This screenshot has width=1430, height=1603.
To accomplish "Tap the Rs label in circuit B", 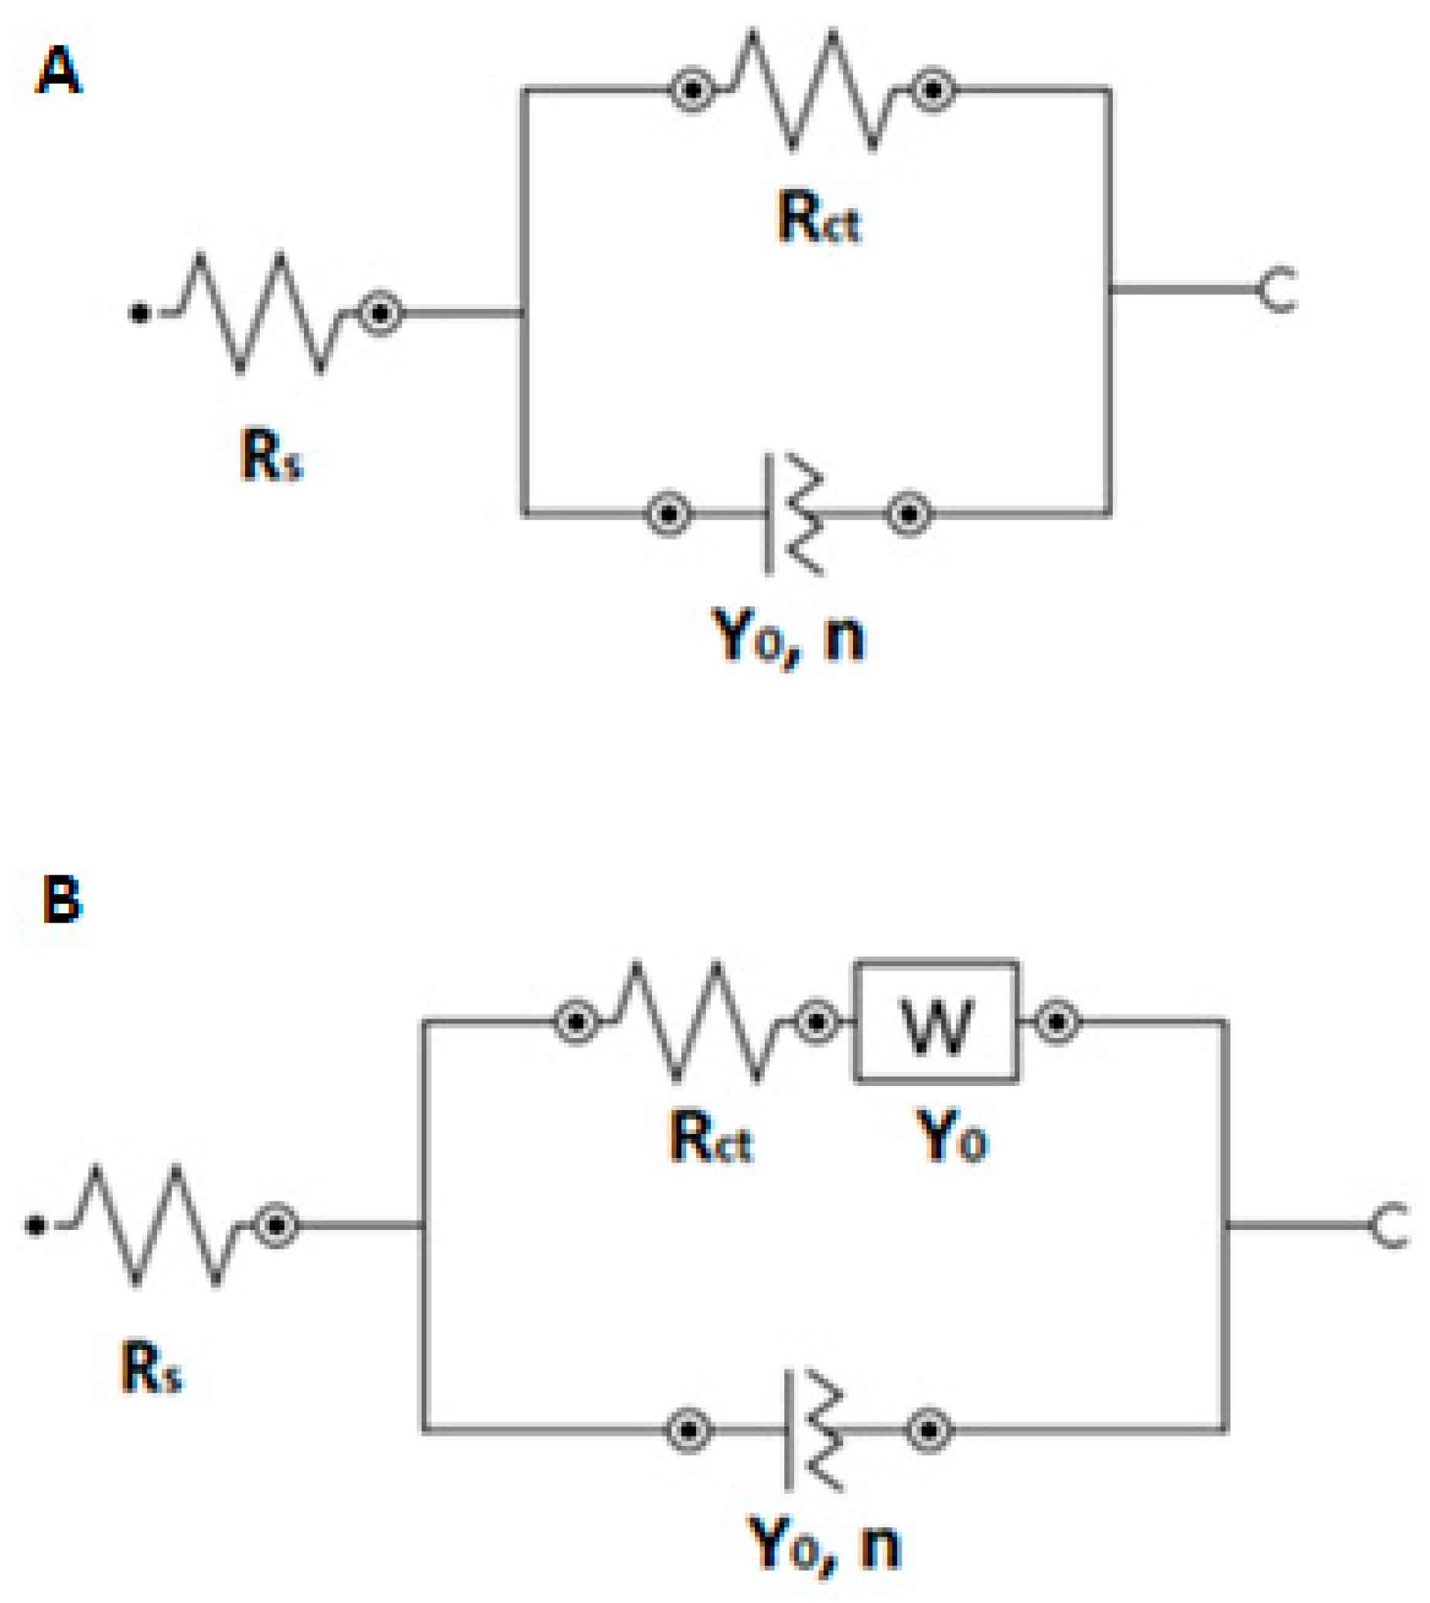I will [x=151, y=1368].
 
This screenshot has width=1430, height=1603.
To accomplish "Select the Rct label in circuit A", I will [x=819, y=218].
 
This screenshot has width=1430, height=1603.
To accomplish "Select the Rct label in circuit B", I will [x=710, y=1138].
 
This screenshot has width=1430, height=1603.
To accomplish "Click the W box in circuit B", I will [x=937, y=1022].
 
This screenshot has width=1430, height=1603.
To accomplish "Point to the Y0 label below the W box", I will [x=952, y=1138].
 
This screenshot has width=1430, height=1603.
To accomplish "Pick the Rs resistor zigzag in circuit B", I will [x=155, y=1225].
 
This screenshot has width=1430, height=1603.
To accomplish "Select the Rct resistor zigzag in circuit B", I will [x=696, y=1022].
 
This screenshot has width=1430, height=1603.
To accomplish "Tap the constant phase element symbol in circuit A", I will [x=792, y=515].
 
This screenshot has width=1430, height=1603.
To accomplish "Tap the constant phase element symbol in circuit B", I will [x=812, y=1430].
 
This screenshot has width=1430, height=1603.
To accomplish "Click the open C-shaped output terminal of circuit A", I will [x=1278, y=290].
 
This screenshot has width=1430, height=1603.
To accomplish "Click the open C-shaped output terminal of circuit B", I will [x=1389, y=1225].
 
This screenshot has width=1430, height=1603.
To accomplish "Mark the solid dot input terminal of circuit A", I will [x=140, y=313].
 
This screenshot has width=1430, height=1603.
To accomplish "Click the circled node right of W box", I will [x=1057, y=1022].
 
